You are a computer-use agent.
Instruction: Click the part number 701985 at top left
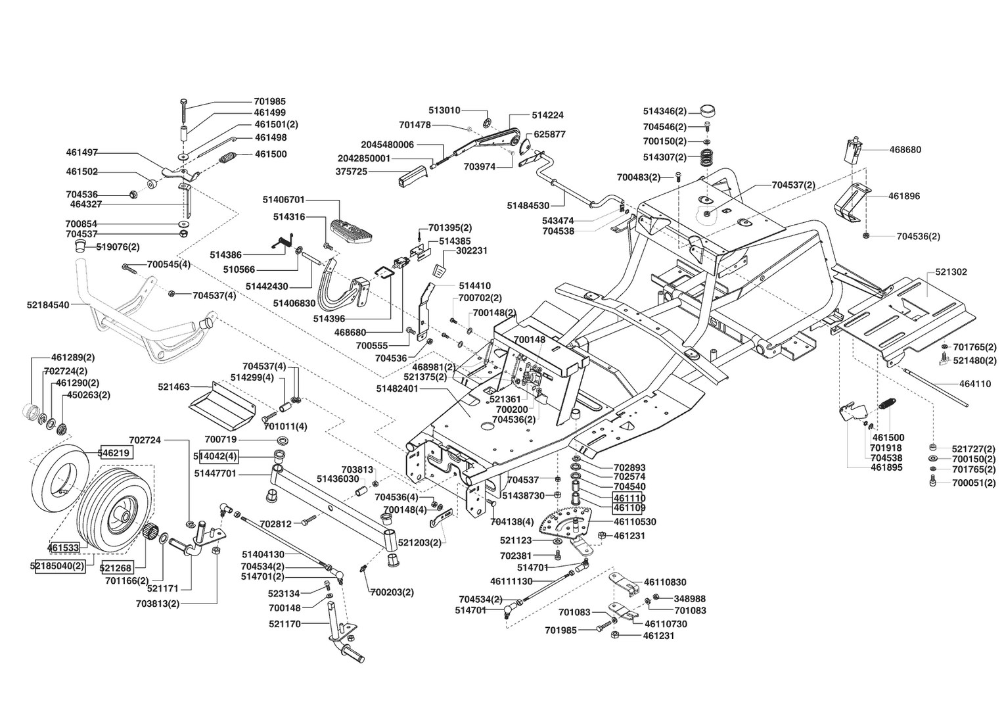pos(269,102)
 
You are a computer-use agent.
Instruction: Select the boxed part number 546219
pos(115,452)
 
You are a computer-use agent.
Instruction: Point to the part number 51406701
pos(283,199)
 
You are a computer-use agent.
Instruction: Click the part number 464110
pos(975,384)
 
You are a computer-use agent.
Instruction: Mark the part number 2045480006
pos(388,145)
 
